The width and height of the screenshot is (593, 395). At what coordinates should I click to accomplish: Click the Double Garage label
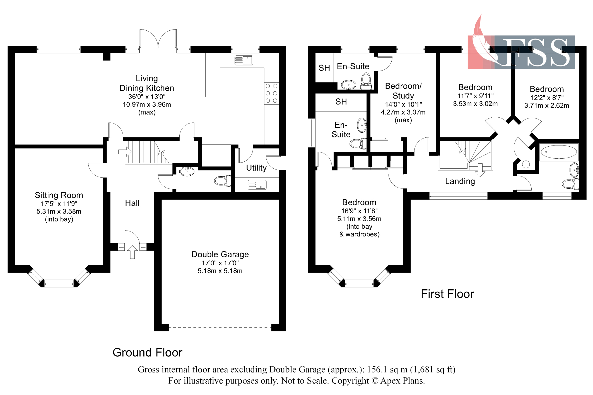pos(220,254)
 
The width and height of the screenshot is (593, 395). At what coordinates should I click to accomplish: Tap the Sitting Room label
pos(59,195)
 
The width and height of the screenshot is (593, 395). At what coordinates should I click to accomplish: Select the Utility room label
pos(256,168)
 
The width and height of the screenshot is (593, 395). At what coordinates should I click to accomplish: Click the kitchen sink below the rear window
pos(244,60)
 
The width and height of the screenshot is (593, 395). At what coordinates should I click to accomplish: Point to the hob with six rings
pos(271,93)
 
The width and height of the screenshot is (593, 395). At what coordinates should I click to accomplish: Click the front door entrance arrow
pos(132,252)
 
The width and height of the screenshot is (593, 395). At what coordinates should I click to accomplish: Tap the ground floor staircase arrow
pos(125,152)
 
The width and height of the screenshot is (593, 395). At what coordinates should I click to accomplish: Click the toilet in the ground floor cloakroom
pos(222,181)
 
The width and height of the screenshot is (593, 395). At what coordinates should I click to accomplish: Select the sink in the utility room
pos(257,185)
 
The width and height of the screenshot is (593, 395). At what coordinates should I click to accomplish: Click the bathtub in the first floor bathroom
pos(558,152)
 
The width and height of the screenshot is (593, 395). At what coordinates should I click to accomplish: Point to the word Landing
pos(460,181)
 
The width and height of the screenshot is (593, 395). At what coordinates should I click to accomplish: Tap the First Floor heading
pos(447,294)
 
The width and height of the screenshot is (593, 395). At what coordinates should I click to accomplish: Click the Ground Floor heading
pos(147,353)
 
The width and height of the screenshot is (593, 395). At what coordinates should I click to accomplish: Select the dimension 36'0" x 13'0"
pos(147,97)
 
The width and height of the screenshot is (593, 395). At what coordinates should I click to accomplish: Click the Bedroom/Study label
pos(403,91)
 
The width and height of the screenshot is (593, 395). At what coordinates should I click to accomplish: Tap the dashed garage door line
pos(220,327)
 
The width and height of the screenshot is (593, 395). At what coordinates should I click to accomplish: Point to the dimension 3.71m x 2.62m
pos(546,106)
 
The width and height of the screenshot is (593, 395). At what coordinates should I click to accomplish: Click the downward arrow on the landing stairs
pos(480,170)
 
